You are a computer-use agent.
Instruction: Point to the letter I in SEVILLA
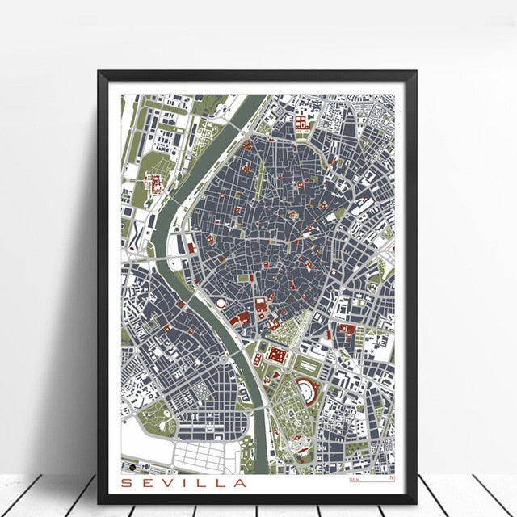(x=187, y=484)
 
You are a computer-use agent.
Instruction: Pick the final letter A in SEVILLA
(x=240, y=484)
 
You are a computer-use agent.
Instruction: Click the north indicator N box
(x=393, y=480)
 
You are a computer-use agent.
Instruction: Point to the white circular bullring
(x=221, y=302)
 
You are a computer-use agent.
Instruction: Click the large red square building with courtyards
(x=277, y=355)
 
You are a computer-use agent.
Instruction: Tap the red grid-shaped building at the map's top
(x=301, y=122)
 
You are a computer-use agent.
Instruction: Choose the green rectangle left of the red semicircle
(x=285, y=388)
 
